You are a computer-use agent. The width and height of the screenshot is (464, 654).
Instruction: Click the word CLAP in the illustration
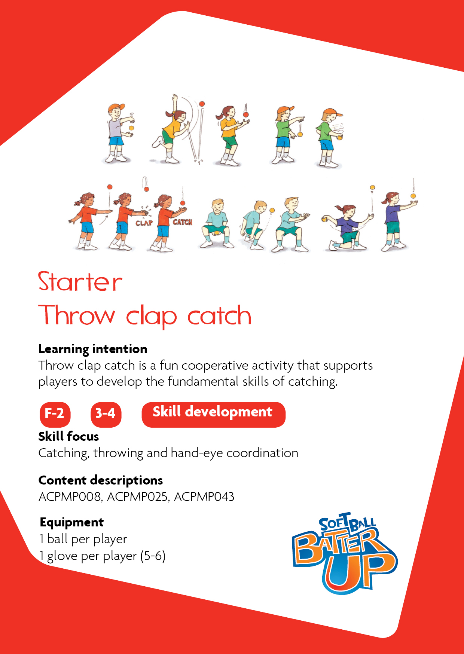coord(144,223)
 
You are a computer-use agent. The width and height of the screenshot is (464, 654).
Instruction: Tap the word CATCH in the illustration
coord(183,222)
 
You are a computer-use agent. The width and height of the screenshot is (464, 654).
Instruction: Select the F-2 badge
coord(55,414)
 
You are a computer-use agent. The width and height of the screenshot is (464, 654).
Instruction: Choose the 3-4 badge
coord(106,414)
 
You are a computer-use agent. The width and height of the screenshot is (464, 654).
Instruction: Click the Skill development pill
coord(213,414)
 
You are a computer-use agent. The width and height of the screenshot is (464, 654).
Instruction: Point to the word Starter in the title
coord(80,282)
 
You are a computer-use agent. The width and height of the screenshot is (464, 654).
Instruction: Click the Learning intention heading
coord(93,349)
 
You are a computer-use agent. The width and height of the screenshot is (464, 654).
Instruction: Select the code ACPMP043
coord(204,496)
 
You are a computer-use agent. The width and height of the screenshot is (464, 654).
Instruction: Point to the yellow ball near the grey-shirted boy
coord(131,128)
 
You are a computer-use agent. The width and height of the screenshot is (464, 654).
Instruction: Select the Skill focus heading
coord(68,437)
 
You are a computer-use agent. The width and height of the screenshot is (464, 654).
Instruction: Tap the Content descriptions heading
coord(101,480)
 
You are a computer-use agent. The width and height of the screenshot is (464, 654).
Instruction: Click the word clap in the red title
coord(151,317)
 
